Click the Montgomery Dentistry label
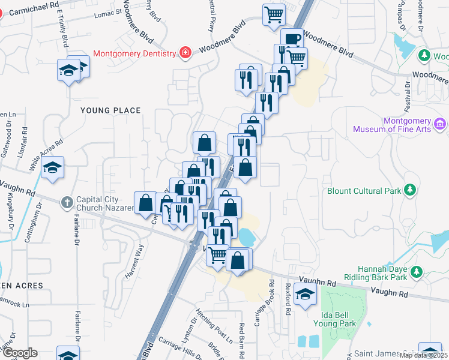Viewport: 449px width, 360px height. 135,53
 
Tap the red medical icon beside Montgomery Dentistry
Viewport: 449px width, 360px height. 185,53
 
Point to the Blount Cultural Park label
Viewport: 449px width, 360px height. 363,191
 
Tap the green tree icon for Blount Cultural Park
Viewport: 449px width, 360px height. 411,190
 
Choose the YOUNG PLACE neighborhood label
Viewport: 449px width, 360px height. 110,110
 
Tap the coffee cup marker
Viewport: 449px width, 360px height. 292,39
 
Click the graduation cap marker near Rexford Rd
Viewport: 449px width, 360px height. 306,295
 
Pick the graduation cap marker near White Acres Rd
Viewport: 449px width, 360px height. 53,168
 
